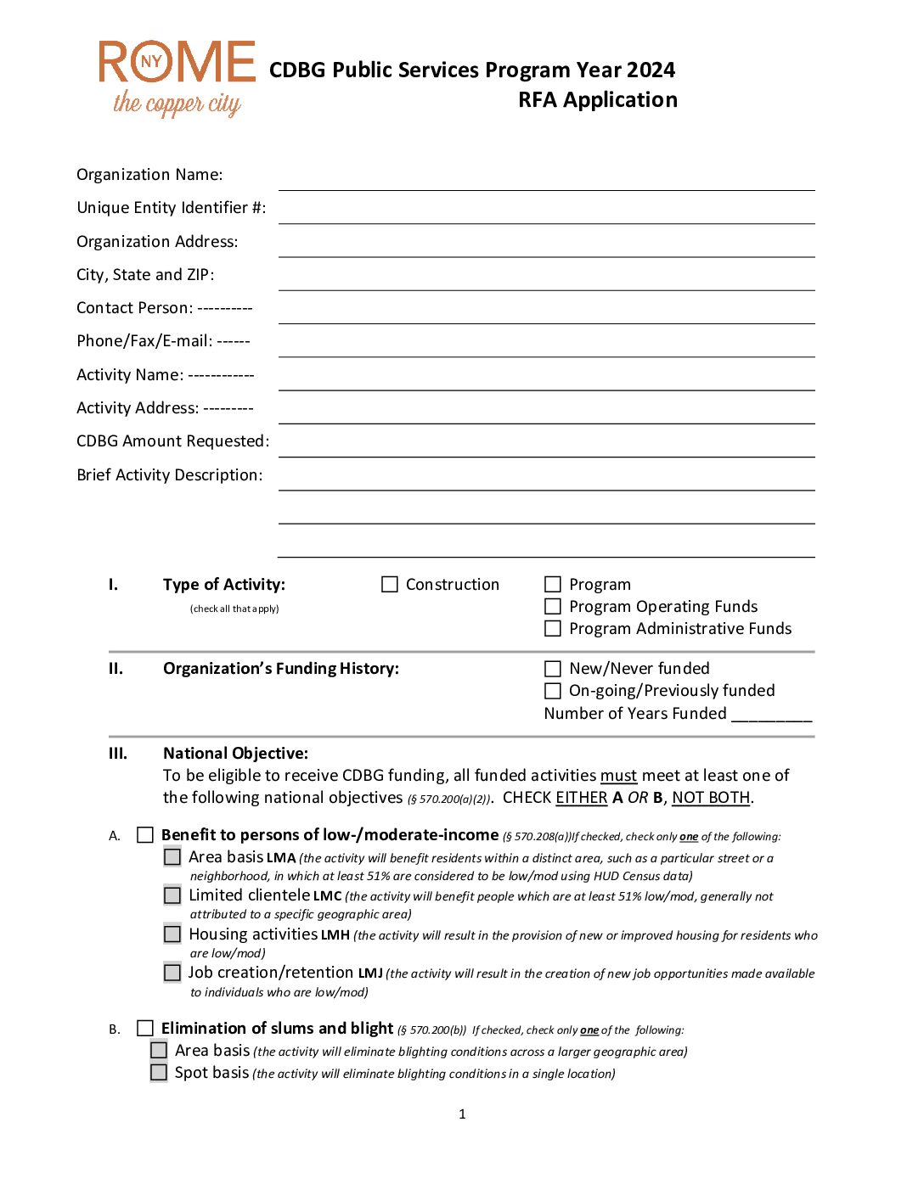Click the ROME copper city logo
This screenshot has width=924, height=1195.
coord(177,78)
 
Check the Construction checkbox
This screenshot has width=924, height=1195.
coord(390,585)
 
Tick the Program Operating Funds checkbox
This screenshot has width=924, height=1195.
coord(553,607)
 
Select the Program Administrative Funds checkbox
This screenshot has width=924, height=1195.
coord(553,629)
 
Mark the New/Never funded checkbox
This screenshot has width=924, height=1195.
coord(553,669)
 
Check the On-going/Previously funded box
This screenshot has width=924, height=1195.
coord(553,691)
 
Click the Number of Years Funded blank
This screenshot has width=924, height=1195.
coord(771,714)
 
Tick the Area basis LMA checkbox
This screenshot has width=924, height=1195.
coord(172,857)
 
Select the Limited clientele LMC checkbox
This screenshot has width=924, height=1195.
coord(172,895)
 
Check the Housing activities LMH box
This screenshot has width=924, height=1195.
coord(172,934)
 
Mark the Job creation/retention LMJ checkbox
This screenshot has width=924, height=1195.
coord(172,973)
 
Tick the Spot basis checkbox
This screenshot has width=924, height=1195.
coord(159,1073)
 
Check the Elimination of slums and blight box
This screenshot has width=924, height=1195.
coord(145,1029)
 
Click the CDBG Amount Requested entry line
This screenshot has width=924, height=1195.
coord(546,446)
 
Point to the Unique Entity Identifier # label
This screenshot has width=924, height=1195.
coord(171,208)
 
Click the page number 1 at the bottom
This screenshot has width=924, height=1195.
coord(462,1114)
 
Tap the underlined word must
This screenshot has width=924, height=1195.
coord(618,776)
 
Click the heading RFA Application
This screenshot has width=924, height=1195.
coord(598,100)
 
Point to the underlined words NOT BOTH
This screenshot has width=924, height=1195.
coord(711,798)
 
